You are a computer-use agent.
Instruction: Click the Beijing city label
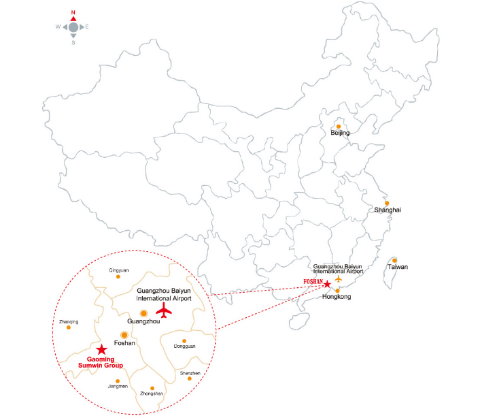[x=340, y=133]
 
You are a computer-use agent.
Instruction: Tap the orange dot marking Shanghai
[x=387, y=203]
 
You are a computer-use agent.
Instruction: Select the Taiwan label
[x=398, y=267]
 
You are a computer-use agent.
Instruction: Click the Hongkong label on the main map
[x=337, y=298]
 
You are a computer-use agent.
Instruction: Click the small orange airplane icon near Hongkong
[x=339, y=280]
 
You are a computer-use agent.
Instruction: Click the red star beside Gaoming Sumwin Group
[x=101, y=349]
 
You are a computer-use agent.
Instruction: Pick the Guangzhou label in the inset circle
[x=143, y=320]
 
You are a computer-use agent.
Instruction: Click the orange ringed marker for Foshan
[x=124, y=334]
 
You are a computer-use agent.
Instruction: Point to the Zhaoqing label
[x=69, y=321]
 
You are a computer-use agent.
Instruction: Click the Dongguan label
[x=184, y=346]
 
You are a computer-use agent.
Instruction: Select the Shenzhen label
[x=190, y=373]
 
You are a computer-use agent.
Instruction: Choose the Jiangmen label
[x=118, y=387]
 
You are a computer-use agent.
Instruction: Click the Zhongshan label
[x=152, y=393]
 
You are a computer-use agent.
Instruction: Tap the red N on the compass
[x=73, y=12]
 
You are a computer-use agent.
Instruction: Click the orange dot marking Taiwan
[x=394, y=260]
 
